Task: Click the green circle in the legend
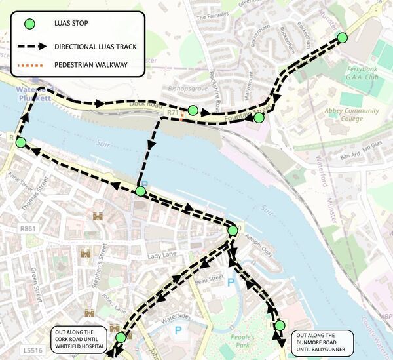pyautogui.click(x=28, y=25)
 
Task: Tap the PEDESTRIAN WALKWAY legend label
pyautogui.click(x=91, y=64)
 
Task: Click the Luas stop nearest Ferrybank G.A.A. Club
pyautogui.click(x=341, y=37)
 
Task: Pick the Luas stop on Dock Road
pyautogui.click(x=193, y=110)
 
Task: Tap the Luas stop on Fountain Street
pyautogui.click(x=259, y=118)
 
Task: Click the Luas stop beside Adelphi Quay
pyautogui.click(x=232, y=230)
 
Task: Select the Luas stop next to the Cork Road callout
pyautogui.click(x=121, y=337)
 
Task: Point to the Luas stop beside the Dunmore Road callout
pyautogui.click(x=280, y=325)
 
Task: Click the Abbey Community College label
pyautogui.click(x=352, y=115)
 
